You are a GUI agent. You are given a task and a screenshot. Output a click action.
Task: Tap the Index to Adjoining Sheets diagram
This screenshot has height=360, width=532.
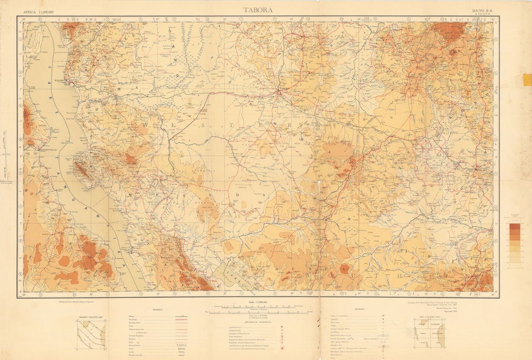429,333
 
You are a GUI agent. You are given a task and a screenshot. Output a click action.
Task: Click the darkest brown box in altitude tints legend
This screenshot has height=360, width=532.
515,226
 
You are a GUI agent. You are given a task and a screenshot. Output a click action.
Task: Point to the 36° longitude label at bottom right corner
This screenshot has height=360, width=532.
492,294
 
